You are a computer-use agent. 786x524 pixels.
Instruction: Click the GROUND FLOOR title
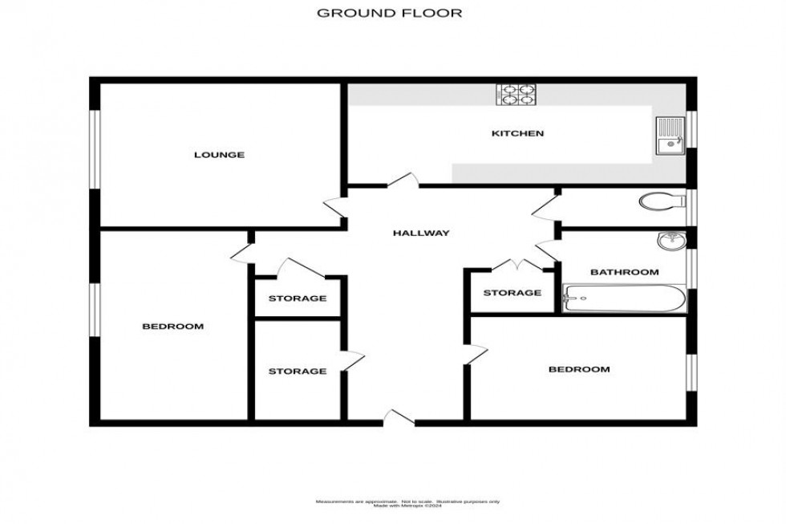pyautogui.click(x=390, y=13)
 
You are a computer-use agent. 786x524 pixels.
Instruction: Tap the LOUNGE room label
pyautogui.click(x=218, y=154)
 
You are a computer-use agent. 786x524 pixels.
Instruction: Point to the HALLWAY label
pyautogui.click(x=420, y=234)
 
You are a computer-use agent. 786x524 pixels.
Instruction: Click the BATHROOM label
pyautogui.click(x=624, y=272)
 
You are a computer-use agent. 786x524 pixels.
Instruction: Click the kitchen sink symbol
pyautogui.click(x=668, y=135)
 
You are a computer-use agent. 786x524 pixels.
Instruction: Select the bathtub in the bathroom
pyautogui.click(x=625, y=299)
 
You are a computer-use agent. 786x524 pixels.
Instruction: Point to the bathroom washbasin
pyautogui.click(x=668, y=241)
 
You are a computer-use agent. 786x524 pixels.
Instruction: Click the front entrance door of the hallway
pyautogui.click(x=398, y=416)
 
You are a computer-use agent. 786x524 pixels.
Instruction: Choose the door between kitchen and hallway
pyautogui.click(x=403, y=180)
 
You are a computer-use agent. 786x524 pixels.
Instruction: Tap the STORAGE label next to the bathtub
pyautogui.click(x=512, y=293)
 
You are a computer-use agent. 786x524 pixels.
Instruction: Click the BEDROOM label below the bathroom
pyautogui.click(x=578, y=369)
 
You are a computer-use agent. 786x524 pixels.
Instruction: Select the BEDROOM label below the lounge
pyautogui.click(x=172, y=327)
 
